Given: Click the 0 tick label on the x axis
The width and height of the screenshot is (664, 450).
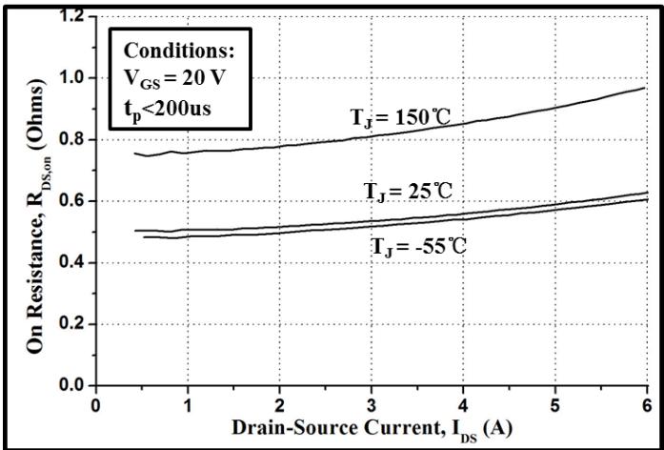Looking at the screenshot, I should pos(96,403).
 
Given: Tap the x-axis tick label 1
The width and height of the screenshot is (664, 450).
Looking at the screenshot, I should pos(188,403).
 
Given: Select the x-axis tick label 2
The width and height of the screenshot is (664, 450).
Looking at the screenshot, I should pos(280,403).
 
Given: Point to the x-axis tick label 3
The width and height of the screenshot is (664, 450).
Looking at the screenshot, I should pos(372,403).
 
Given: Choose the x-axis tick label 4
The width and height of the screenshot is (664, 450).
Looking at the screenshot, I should pos(464,403).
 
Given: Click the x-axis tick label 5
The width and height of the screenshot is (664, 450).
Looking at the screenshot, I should pos(555,403).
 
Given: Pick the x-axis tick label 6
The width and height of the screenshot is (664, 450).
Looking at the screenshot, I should pos(647,403).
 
